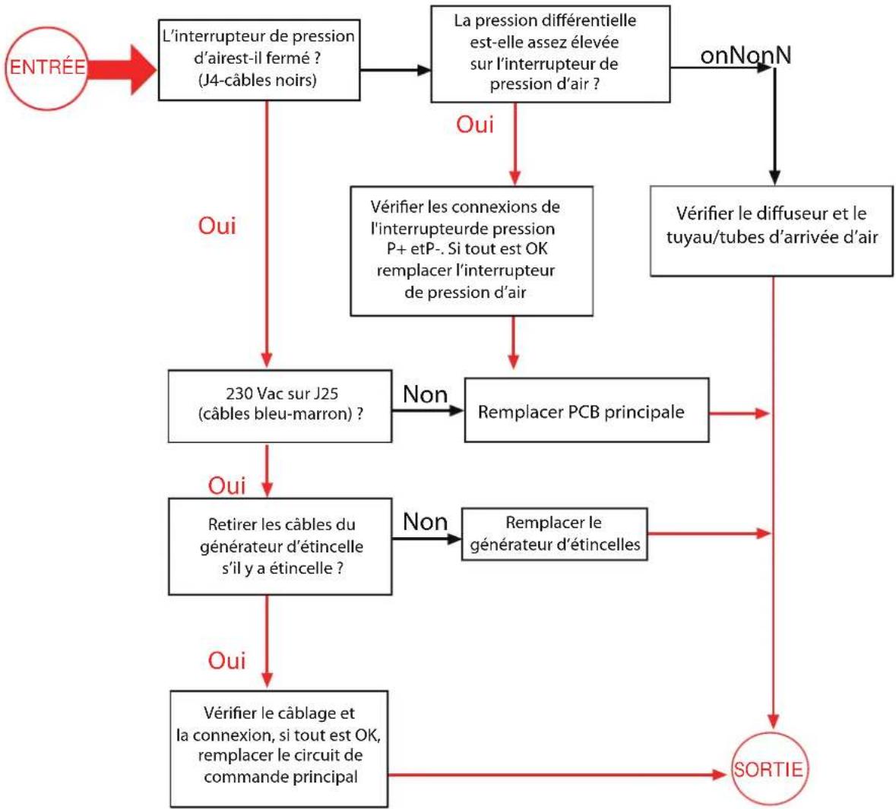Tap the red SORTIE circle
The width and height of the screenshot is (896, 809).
click(x=768, y=769)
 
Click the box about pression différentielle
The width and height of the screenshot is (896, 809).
click(x=549, y=53)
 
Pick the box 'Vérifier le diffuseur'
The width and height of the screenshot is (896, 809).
click(x=771, y=229)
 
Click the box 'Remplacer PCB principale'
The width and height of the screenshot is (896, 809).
click(x=586, y=412)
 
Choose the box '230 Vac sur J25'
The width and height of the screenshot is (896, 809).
click(x=280, y=406)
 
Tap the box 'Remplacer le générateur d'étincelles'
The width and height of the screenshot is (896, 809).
click(x=555, y=534)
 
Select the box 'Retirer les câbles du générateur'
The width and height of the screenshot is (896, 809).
click(x=280, y=546)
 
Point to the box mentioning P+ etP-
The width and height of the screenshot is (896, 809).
click(x=471, y=250)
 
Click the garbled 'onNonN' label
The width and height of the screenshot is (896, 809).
click(x=745, y=55)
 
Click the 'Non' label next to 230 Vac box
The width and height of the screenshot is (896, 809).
click(x=425, y=394)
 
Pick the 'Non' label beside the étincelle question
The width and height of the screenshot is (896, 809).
click(x=425, y=522)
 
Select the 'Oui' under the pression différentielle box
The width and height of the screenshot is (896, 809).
click(x=475, y=125)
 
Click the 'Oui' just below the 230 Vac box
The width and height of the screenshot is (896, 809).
click(x=226, y=485)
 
